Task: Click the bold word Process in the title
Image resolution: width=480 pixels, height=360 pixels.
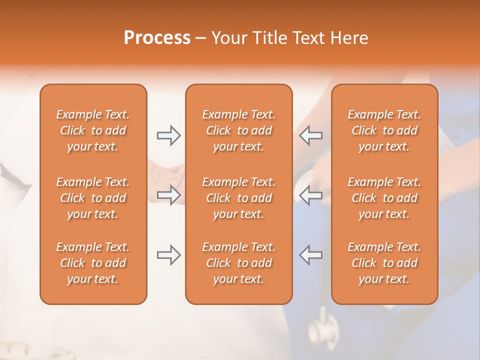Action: [x=157, y=38]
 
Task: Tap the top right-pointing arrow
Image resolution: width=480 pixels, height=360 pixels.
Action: [x=168, y=135]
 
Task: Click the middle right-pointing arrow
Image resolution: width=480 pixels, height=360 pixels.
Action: [x=168, y=194]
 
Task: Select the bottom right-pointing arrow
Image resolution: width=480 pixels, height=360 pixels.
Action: [x=168, y=255]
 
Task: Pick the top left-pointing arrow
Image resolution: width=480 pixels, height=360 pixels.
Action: [x=311, y=135]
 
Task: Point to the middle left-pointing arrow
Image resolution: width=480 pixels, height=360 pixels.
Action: [x=311, y=194]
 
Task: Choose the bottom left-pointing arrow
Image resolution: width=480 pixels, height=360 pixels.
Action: [x=311, y=255]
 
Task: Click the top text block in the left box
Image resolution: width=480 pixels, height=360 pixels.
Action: [x=93, y=130]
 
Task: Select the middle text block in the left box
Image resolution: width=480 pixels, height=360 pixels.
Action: [x=93, y=198]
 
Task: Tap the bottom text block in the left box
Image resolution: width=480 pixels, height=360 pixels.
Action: [x=93, y=263]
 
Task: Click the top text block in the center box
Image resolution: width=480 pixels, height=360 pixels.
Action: [x=239, y=130]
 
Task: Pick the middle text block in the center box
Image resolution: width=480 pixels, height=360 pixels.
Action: [x=239, y=198]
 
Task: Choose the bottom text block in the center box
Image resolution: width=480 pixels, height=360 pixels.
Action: [x=239, y=263]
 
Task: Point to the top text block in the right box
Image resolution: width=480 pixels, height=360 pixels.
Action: [x=384, y=130]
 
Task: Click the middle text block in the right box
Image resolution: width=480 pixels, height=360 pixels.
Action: [x=384, y=198]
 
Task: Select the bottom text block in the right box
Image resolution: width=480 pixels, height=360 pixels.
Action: [x=384, y=263]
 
